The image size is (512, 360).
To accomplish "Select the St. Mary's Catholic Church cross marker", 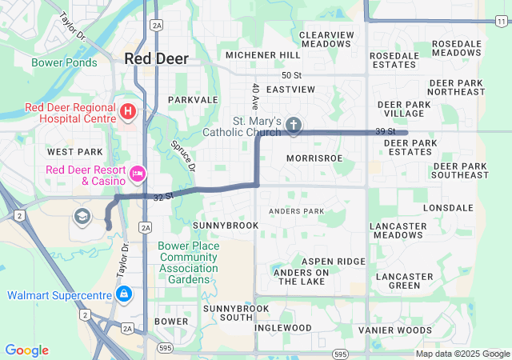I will [x=294, y=124].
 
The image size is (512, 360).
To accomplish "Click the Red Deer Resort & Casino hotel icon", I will [x=138, y=173].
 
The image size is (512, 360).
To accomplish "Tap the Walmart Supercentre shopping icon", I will [x=123, y=295].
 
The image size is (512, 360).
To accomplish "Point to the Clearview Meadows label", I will [x=326, y=40].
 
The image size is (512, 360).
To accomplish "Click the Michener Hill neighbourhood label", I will [x=262, y=55].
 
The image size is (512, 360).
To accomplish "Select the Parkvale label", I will [x=193, y=100].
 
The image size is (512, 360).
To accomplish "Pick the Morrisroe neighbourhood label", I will [x=314, y=158].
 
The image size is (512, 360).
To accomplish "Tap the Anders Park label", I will [x=297, y=211].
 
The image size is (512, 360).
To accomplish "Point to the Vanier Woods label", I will [x=394, y=330].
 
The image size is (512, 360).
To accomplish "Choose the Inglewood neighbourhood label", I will [x=283, y=328].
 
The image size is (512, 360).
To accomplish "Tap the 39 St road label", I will [x=386, y=131].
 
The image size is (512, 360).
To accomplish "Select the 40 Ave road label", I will [x=255, y=96].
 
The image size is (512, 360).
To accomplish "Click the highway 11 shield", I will [x=501, y=21].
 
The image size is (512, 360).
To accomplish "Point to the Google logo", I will [x=26, y=350].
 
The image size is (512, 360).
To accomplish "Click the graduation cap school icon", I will [x=81, y=216].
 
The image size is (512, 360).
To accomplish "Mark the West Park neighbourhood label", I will [x=75, y=152].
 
